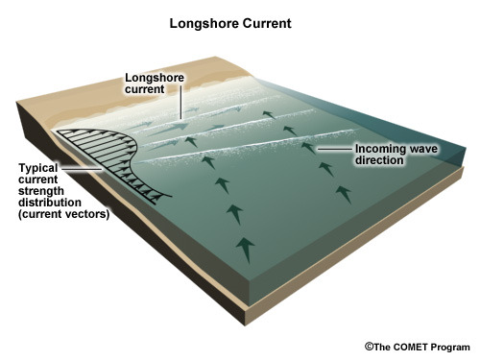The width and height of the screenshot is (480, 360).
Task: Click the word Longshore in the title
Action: coord(204,24)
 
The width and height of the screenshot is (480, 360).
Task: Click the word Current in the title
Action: coord(267,23)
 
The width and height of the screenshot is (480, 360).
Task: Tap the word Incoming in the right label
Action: coord(380,149)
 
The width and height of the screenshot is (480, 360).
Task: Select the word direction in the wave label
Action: coord(379,160)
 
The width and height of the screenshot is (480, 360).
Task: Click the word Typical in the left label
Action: coord(38,168)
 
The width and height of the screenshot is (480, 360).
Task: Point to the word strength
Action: coord(41,191)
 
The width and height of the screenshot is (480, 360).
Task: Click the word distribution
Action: coord(50,203)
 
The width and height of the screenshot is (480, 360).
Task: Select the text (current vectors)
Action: coord(64,214)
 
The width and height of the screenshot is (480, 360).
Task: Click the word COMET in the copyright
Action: coord(411,348)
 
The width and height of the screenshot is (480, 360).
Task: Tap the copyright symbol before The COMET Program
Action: coord(370,347)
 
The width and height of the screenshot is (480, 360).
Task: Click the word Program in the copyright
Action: coord(450,348)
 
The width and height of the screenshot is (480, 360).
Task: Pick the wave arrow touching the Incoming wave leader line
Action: coord(309,148)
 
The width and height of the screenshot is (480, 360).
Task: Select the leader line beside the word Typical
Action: coord(82,168)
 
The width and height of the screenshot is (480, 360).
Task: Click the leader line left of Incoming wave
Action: coord(335,149)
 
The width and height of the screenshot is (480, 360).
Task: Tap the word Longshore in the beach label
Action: coord(155,78)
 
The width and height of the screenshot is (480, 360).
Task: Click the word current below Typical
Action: coord(38,180)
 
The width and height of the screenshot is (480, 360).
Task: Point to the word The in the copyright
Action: coord(382,348)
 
